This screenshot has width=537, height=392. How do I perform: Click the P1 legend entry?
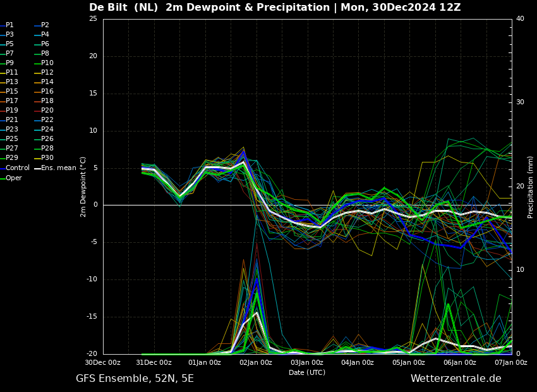7,25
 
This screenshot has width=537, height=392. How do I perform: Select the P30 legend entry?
44,157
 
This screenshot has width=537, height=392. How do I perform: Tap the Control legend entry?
15,168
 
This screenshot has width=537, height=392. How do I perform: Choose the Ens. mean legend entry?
55,168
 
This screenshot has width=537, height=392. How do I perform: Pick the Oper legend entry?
11,178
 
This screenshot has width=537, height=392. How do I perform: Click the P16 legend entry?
44,92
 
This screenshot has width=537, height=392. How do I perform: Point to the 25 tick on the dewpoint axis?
93,18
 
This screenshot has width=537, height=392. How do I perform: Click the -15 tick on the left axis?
92,317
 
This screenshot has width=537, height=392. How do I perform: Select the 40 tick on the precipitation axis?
520,18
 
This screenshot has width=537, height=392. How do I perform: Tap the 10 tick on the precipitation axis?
520,270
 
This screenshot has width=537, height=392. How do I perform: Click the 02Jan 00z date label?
256,362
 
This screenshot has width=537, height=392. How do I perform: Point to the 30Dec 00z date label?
103,362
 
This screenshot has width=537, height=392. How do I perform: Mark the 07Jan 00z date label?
511,362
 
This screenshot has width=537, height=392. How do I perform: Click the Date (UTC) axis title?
307,372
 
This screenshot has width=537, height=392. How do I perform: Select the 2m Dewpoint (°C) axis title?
83,187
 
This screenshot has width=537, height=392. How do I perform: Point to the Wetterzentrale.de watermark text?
456,379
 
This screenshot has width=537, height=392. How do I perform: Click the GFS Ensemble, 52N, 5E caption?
135,379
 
